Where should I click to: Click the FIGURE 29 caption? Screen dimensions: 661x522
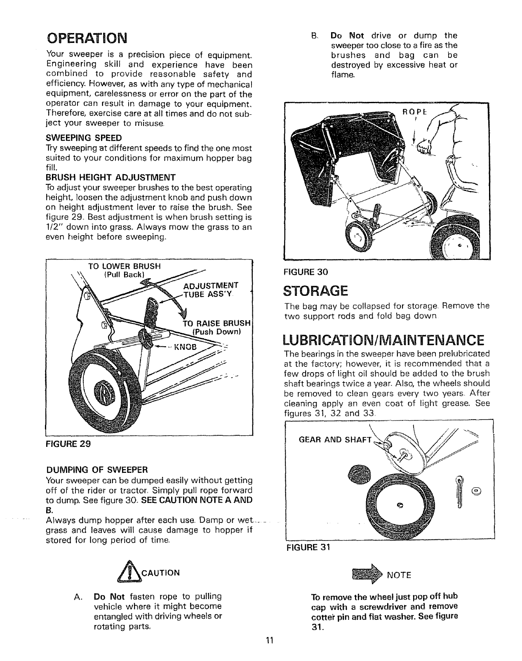coord(68,444)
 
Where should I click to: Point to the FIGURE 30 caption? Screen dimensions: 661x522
coord(306,272)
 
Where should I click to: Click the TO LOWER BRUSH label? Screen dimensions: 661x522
coord(125,266)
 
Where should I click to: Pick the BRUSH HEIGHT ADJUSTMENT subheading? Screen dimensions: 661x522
coord(111,178)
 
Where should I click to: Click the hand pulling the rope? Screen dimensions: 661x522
coord(422,146)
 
